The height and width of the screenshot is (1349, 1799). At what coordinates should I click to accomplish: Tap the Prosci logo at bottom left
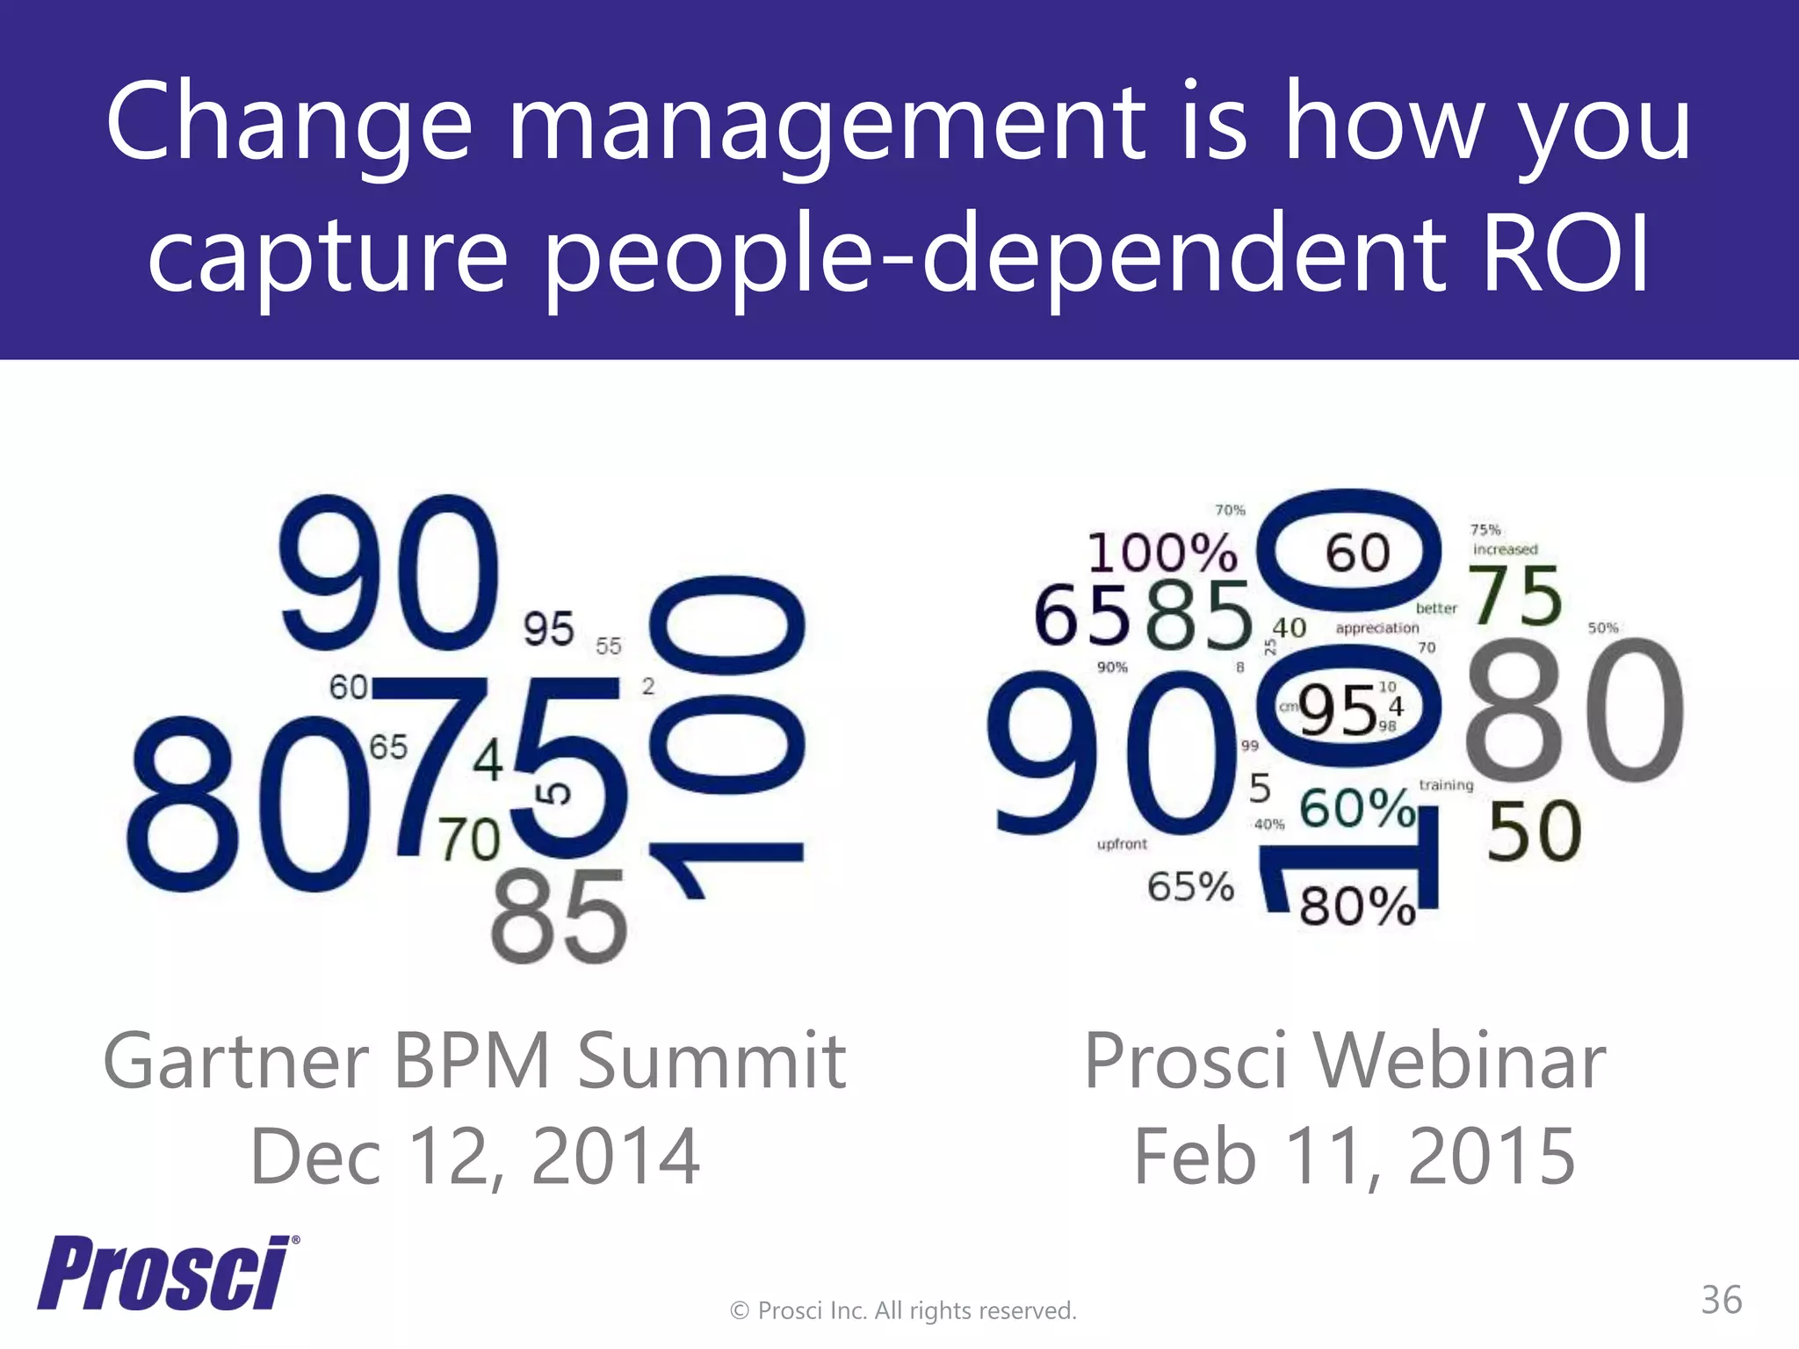(x=167, y=1273)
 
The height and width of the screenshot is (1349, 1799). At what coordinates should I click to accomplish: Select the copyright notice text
(x=903, y=1310)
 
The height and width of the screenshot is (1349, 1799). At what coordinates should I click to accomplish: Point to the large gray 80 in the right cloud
(x=1573, y=712)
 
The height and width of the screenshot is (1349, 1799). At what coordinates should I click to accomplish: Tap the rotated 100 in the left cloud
(x=726, y=733)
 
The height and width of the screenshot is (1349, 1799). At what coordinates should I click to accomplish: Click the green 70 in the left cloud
(x=469, y=840)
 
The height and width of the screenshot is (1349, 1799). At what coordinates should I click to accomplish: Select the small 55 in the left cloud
(x=608, y=646)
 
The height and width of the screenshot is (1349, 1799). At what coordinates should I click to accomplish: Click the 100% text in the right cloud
(x=1161, y=554)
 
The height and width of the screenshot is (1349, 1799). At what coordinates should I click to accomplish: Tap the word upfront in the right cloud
(x=1122, y=844)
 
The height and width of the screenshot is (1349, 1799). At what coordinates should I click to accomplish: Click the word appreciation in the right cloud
(x=1376, y=628)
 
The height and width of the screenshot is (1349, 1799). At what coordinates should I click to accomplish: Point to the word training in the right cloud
(x=1446, y=785)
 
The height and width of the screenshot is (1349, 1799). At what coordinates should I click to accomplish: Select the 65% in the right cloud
(x=1190, y=886)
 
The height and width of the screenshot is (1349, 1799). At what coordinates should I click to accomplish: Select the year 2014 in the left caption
(x=615, y=1157)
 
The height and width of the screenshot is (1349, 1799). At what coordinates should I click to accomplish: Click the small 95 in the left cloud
(x=548, y=629)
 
